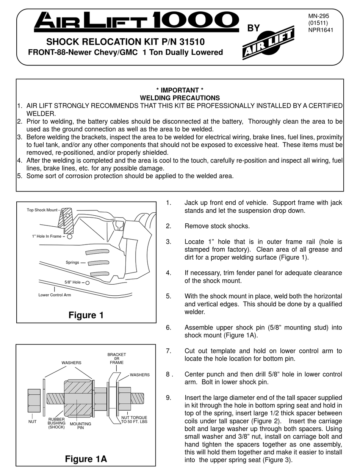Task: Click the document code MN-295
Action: (x=319, y=16)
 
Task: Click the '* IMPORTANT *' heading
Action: (x=180, y=90)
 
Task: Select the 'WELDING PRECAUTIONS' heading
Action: (x=180, y=98)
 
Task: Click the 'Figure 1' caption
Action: (x=86, y=315)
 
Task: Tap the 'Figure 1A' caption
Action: (x=86, y=459)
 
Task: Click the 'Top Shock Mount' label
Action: (x=42, y=210)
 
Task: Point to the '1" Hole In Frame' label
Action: (x=47, y=237)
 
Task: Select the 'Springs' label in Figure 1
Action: (x=72, y=262)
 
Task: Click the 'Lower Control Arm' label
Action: (x=55, y=295)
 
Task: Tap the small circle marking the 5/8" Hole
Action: (x=88, y=282)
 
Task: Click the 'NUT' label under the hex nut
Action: (x=33, y=421)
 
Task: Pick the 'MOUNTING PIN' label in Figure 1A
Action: (x=80, y=426)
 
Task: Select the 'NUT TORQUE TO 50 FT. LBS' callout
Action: (x=134, y=419)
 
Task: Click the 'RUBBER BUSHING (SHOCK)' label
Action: (x=56, y=423)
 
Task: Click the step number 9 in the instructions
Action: (x=169, y=398)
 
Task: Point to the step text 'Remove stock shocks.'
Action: (x=217, y=226)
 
